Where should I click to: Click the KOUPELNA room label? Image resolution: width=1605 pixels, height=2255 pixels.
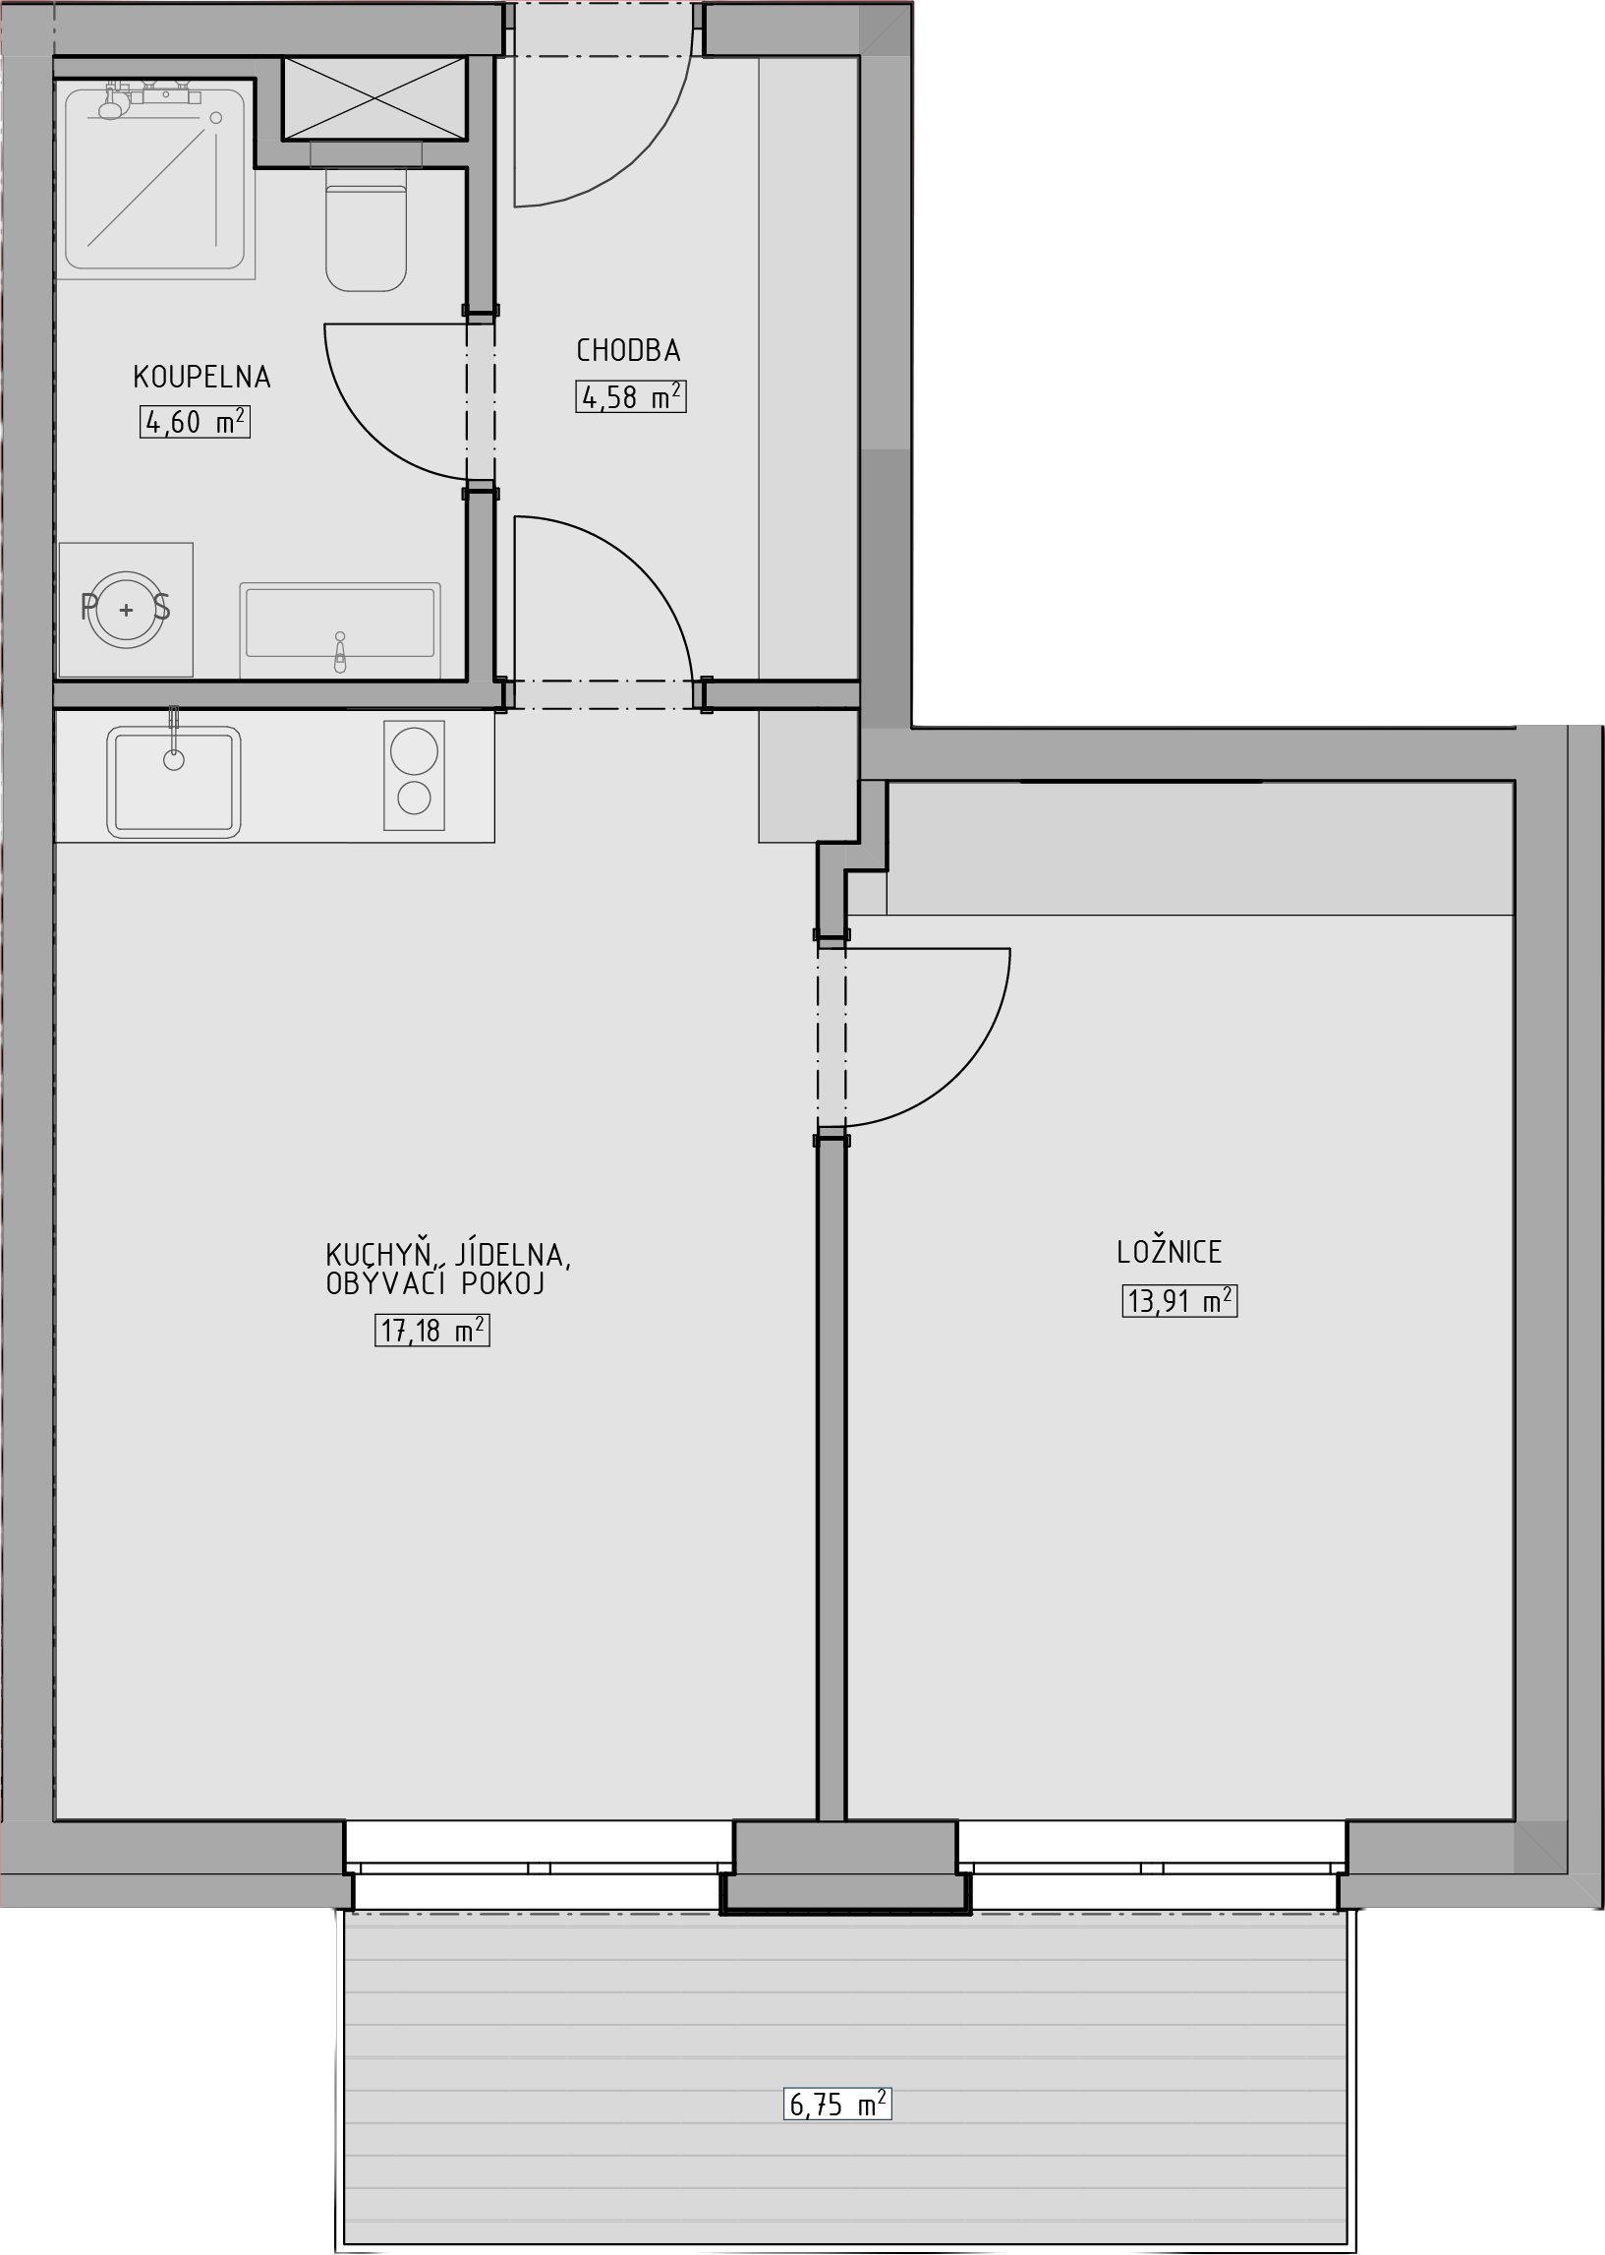click(x=201, y=377)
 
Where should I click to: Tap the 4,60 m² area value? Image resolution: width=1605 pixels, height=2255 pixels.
click(x=195, y=422)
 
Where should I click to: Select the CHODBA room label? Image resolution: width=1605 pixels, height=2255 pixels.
click(x=628, y=350)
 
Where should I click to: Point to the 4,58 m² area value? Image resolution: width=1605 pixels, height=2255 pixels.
click(x=631, y=396)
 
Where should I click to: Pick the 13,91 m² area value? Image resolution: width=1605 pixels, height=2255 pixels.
click(x=1179, y=1301)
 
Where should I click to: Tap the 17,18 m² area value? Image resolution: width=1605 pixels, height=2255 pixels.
click(x=431, y=1331)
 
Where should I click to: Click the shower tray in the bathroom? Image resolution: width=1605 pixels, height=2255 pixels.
click(x=155, y=179)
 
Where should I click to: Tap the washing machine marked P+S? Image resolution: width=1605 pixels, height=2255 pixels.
click(x=126, y=609)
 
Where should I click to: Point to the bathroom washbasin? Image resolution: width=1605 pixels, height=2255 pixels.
click(x=340, y=628)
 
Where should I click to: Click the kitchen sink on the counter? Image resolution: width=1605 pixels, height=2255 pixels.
click(x=174, y=781)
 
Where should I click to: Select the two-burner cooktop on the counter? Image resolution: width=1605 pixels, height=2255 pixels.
click(x=414, y=775)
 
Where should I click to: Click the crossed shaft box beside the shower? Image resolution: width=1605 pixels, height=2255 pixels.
click(x=373, y=98)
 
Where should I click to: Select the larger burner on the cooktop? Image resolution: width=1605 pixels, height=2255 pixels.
click(x=414, y=750)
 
